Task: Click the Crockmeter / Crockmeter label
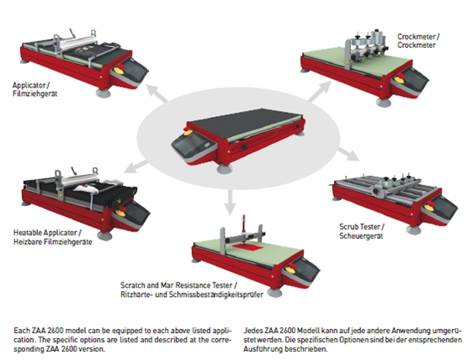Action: coord(418,40)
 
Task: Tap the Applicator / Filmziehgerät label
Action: coord(34,89)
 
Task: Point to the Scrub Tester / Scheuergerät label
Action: coord(362,231)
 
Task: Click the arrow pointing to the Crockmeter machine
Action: coord(320,91)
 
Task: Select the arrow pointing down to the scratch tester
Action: coord(230,202)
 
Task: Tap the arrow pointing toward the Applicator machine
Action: coord(156,93)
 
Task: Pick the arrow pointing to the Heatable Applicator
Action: coord(135,167)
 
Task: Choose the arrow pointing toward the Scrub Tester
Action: coord(349,154)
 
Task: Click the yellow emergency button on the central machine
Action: coord(188,132)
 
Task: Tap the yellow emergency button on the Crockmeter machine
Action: coord(399,80)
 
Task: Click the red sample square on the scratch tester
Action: coord(247,246)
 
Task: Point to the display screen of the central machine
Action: coord(191,146)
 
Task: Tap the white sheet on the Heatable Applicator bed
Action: coord(85,188)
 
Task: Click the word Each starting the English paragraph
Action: coord(22,331)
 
